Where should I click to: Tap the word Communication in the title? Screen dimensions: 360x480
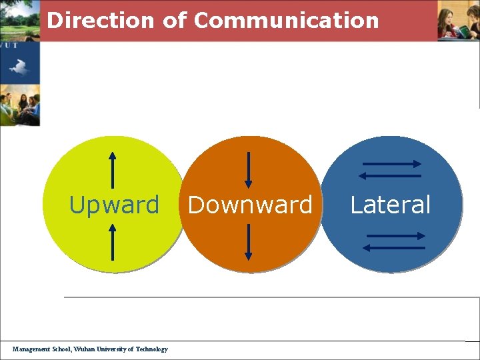tap(286, 20)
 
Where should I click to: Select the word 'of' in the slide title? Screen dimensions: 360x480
tap(175, 20)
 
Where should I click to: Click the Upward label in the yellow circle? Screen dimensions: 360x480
tap(114, 205)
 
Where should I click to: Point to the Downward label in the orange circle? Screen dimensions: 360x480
tap(250, 205)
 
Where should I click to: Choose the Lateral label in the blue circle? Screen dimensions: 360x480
tap(391, 205)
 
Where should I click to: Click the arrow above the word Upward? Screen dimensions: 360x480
tap(113, 170)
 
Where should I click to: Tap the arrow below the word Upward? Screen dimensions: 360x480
tap(113, 241)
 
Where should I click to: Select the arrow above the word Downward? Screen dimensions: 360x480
tap(248, 170)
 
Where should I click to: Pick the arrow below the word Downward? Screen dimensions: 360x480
tap(248, 241)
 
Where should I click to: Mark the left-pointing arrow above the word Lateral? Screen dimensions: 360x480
tap(389, 176)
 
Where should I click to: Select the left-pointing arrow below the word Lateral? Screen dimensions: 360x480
tap(393, 248)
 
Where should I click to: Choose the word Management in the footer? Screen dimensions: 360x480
tap(31, 349)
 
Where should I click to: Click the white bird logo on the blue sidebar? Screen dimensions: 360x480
tap(19, 67)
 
